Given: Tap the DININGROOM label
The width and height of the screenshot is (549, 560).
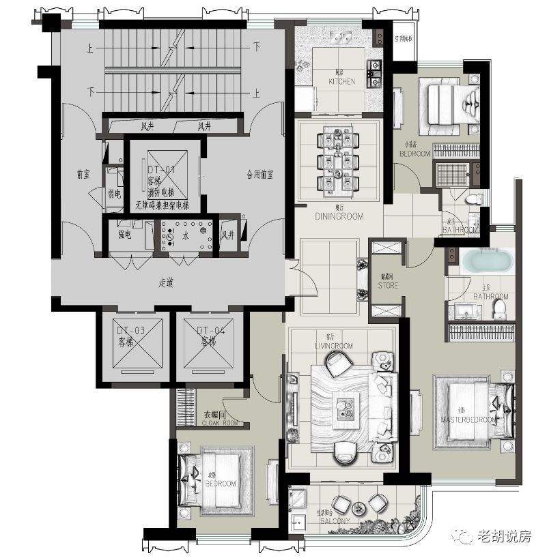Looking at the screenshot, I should point(339,216).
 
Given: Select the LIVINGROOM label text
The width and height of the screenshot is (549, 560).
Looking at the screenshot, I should point(334,346).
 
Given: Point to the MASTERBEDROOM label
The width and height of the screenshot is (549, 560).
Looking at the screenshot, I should point(468,419).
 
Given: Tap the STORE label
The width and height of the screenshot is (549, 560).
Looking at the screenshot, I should point(388,286).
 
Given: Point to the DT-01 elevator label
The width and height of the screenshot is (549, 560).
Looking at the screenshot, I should point(162,168).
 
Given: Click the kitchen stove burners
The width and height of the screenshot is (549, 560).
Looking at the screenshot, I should point(374,74).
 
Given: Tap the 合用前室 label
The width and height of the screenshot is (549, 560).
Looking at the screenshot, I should point(259,175).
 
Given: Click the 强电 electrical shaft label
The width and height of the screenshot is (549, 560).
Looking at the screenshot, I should point(125,235).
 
